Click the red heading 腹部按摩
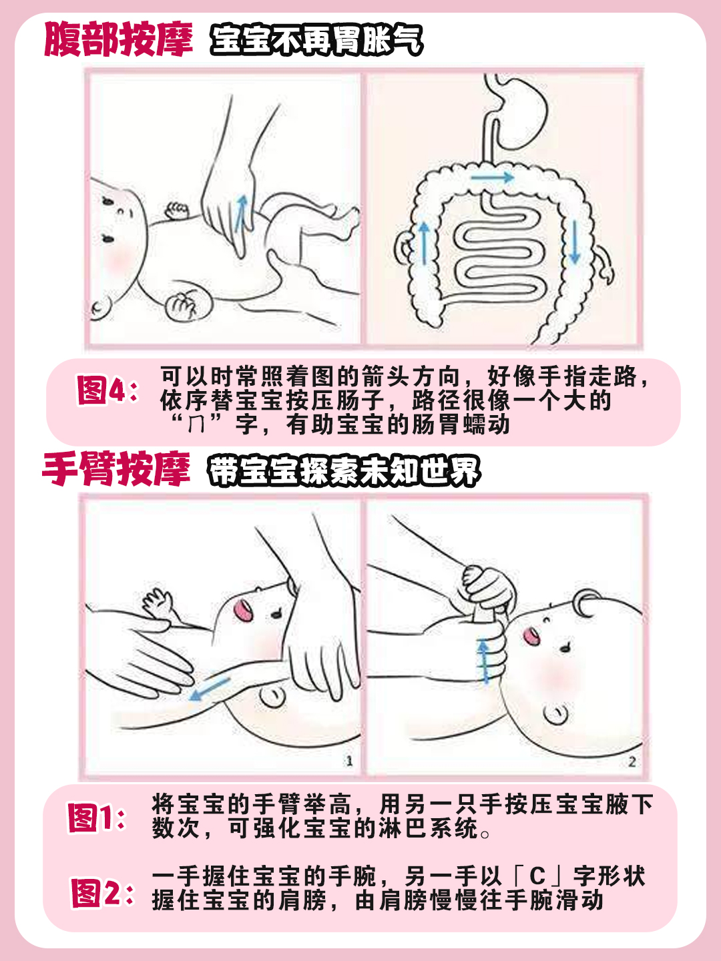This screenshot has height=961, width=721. click(x=118, y=40)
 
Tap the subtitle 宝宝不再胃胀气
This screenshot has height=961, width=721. click(x=316, y=41)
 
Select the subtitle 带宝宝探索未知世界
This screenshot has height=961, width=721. click(x=344, y=471)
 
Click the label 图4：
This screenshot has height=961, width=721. click(x=107, y=390)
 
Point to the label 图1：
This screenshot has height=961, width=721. click(x=97, y=818)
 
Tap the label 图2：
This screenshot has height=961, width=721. click(x=102, y=893)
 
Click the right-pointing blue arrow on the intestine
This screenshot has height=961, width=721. click(x=491, y=178)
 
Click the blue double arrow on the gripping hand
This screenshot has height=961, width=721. click(x=484, y=661)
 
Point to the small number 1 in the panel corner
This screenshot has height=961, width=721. click(x=349, y=761)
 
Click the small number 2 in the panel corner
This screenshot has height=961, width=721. click(x=632, y=761)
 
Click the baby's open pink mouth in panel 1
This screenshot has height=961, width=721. click(x=243, y=609)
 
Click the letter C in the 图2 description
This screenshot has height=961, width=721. click(x=538, y=876)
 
